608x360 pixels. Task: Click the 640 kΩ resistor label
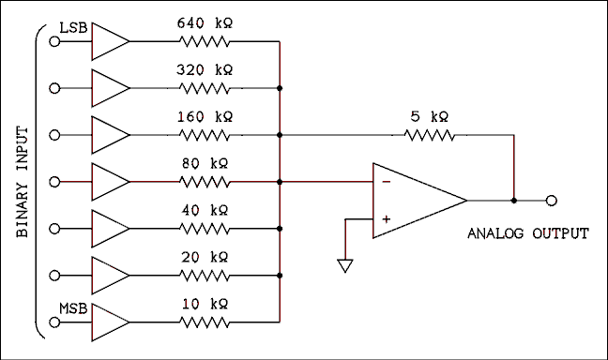click(205, 22)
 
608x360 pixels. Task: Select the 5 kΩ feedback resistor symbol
click(430, 135)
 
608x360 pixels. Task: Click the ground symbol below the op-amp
click(344, 266)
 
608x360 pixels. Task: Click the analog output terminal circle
click(553, 200)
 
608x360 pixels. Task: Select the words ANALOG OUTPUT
click(527, 233)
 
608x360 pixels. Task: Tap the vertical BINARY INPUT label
click(23, 183)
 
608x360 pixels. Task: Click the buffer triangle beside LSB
click(109, 41)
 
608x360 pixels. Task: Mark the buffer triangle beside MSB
click(109, 322)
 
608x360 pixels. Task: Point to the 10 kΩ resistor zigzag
click(205, 322)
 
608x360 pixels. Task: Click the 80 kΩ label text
click(205, 163)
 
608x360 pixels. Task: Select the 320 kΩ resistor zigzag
click(205, 88)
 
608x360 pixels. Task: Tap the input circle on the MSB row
click(54, 322)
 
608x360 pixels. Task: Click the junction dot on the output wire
click(513, 200)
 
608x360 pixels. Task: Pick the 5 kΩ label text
click(430, 116)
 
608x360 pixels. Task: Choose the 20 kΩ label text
click(205, 257)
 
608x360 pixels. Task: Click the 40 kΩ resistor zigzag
click(205, 229)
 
